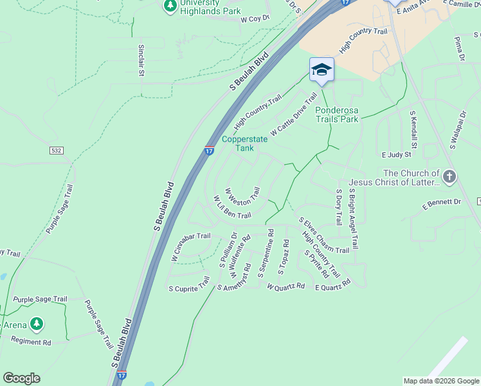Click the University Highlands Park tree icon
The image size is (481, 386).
170,6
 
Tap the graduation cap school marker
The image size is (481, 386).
322,69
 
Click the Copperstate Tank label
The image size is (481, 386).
245,143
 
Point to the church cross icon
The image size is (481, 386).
449,176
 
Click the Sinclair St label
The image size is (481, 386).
141,59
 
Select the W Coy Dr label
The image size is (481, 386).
254,19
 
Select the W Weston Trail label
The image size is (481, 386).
242,193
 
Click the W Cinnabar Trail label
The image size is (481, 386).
191,246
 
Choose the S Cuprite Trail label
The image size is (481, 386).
189,284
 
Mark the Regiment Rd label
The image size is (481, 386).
31,342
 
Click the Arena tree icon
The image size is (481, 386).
37,324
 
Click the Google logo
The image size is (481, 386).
21,378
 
